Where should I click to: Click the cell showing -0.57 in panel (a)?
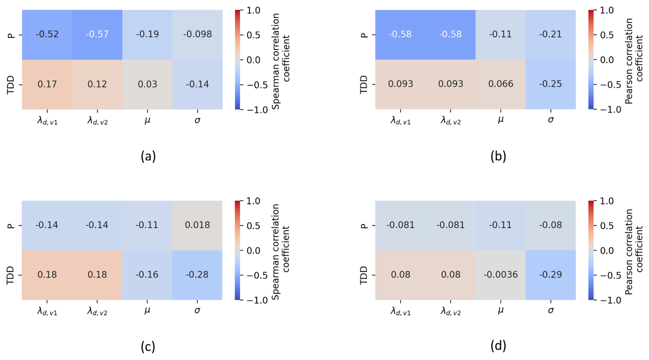[97, 34]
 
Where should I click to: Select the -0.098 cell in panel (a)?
[197, 34]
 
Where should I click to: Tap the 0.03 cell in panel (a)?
[147, 84]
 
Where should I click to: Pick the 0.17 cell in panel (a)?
[47, 84]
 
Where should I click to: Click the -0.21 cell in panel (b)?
[551, 34]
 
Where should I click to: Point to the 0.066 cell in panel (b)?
[500, 84]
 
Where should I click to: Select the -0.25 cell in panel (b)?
[551, 84]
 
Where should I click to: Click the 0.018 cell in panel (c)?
[197, 225]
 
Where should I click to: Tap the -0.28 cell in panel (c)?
[197, 275]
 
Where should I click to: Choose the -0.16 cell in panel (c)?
[147, 275]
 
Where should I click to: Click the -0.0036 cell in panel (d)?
[500, 275]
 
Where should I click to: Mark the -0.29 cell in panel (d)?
[551, 275]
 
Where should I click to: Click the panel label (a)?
[148, 156]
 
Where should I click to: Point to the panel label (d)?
[498, 346]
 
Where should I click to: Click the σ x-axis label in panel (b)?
[551, 120]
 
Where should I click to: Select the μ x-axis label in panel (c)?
[147, 310]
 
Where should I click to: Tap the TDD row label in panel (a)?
[11, 84]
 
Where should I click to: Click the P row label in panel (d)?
[364, 225]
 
